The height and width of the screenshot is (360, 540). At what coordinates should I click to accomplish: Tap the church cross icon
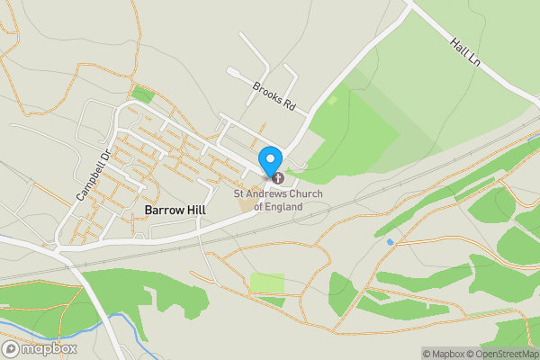[x=277, y=178]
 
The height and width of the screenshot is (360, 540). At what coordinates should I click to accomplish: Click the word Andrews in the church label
[x=272, y=193]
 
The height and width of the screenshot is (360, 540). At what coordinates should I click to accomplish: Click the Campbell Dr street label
[x=92, y=174]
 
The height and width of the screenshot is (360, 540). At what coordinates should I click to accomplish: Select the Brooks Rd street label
[x=274, y=96]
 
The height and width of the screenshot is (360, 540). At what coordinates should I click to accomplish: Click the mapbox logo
[x=40, y=348]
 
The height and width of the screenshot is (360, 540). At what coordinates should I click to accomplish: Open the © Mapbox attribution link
[x=444, y=354]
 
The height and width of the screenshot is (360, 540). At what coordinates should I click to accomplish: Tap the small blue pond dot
[x=390, y=242]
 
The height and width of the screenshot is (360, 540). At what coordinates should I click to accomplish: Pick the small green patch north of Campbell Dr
[x=141, y=94]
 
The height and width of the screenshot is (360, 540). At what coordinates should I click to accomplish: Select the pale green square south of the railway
[x=266, y=283]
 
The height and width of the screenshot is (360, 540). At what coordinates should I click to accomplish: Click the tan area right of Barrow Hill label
[x=246, y=205]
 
